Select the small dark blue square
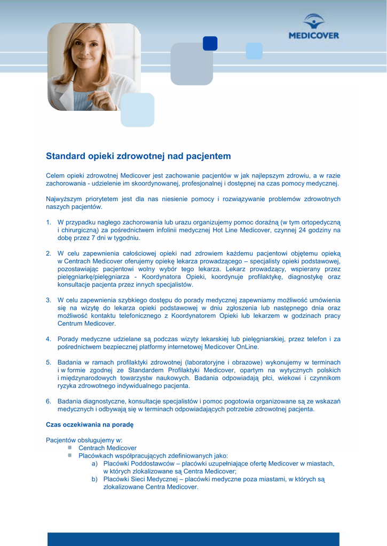point(210,43)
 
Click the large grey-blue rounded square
point(192,64)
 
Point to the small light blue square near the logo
point(254,51)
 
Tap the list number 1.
point(48,222)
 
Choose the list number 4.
point(48,339)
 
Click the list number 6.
point(48,402)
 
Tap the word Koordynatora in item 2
point(163,277)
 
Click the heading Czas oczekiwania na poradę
point(89,425)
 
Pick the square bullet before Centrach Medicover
point(70,448)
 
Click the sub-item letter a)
point(94,464)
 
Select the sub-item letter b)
point(94,479)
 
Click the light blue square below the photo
point(137,110)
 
